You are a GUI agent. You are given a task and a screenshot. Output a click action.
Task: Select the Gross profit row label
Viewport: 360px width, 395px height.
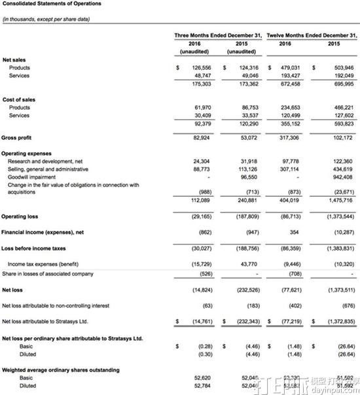pyautogui.click(x=18, y=139)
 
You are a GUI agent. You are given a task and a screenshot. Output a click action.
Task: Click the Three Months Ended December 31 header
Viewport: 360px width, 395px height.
pyautogui.click(x=218, y=34)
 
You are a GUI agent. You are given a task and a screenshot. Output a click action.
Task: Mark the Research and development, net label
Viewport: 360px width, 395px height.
pyautogui.click(x=45, y=161)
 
